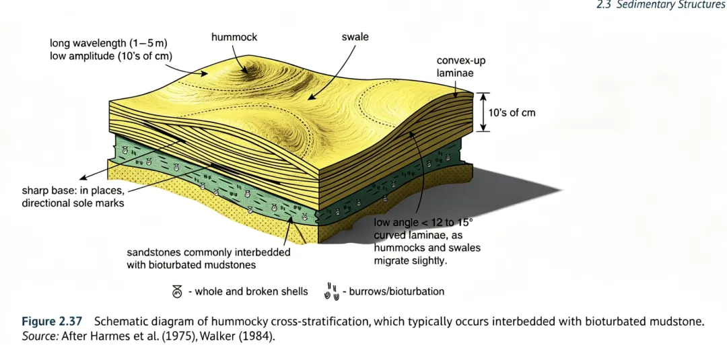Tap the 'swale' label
tap(355, 37)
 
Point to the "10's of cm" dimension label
tap(512, 113)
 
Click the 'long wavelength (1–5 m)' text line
tap(108, 44)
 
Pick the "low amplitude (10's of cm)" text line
tap(111, 56)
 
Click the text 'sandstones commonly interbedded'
tap(209, 252)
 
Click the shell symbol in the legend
tap(177, 291)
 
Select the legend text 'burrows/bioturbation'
tap(396, 291)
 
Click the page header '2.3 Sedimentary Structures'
tap(661, 5)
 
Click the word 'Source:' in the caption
tap(40, 334)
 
